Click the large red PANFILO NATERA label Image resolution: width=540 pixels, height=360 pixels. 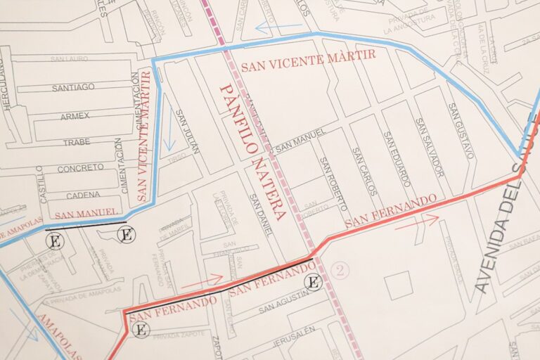tap(252, 151)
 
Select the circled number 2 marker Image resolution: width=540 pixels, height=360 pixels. tap(340, 271)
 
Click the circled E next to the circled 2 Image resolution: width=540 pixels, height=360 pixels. tap(314, 283)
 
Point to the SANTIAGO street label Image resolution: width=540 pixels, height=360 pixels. tap(73, 87)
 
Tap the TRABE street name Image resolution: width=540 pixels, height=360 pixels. tap(77, 142)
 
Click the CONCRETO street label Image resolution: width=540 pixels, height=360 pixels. tap(80, 169)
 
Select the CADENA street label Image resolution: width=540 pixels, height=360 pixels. tap(83, 195)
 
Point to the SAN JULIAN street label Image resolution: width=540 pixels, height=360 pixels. tap(187, 131)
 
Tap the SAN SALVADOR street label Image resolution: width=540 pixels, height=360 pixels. tap(430, 147)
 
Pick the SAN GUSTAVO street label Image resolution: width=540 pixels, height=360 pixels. tap(460, 131)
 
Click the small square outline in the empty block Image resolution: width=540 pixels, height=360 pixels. tap(398, 285)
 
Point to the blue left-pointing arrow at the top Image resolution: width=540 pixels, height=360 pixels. tap(278, 28)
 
